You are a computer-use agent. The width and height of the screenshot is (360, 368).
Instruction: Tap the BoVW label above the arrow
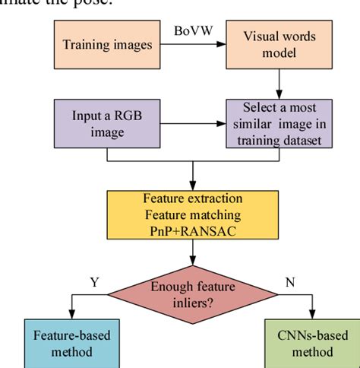(194, 33)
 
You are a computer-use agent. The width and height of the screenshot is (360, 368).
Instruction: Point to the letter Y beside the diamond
(95, 282)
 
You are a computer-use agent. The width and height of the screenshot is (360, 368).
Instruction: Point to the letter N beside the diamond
(289, 282)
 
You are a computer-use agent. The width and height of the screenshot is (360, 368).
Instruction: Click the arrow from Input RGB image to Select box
(194, 124)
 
